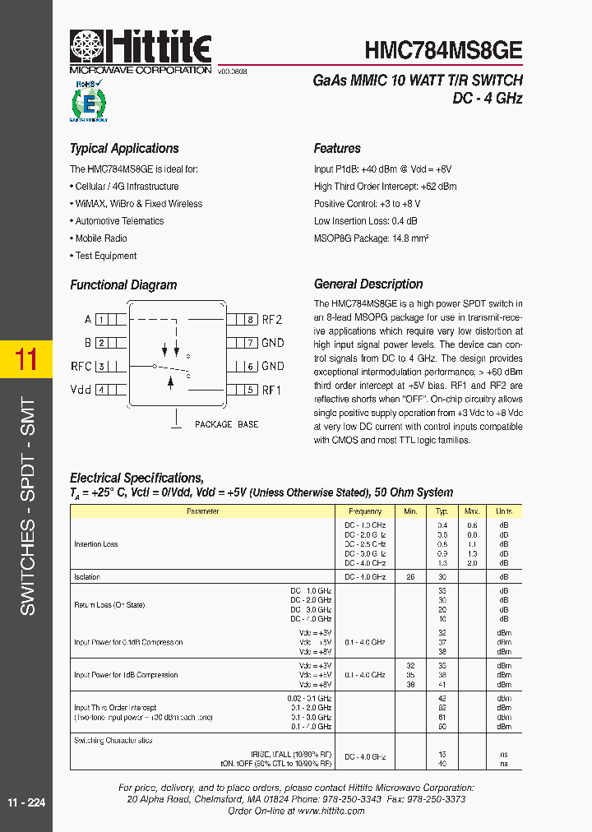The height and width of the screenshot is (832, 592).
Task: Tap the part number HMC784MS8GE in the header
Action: (443, 49)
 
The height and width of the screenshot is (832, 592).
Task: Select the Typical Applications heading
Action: (124, 149)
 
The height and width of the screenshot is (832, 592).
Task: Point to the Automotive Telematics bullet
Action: (119, 221)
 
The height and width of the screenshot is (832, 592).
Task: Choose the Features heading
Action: (337, 149)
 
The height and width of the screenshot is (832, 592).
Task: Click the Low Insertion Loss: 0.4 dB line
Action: (365, 221)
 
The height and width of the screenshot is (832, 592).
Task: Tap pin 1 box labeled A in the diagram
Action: (100, 320)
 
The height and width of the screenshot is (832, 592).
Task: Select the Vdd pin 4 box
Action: (100, 390)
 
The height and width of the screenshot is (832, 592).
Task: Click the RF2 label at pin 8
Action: (272, 320)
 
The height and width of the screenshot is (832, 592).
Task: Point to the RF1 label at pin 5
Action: (272, 390)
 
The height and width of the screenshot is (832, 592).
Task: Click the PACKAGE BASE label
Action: (226, 424)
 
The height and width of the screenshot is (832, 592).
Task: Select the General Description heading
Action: (368, 284)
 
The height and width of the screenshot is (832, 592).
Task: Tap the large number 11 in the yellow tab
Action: (26, 360)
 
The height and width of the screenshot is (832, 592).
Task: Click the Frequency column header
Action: (365, 511)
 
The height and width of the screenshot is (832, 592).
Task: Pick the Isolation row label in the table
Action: (86, 577)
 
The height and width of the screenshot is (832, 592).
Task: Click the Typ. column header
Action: (442, 511)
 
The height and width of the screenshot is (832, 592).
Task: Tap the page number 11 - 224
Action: (26, 802)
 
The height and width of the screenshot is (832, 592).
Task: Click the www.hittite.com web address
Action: (331, 811)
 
